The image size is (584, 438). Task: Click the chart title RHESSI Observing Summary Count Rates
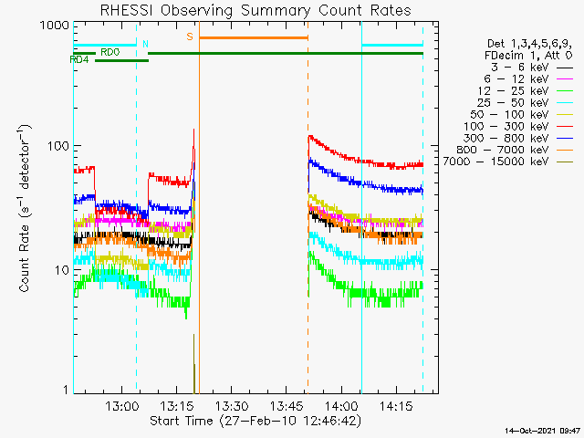255,10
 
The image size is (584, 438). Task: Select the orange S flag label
189,36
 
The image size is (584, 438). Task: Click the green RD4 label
79,59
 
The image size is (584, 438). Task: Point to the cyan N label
144,44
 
